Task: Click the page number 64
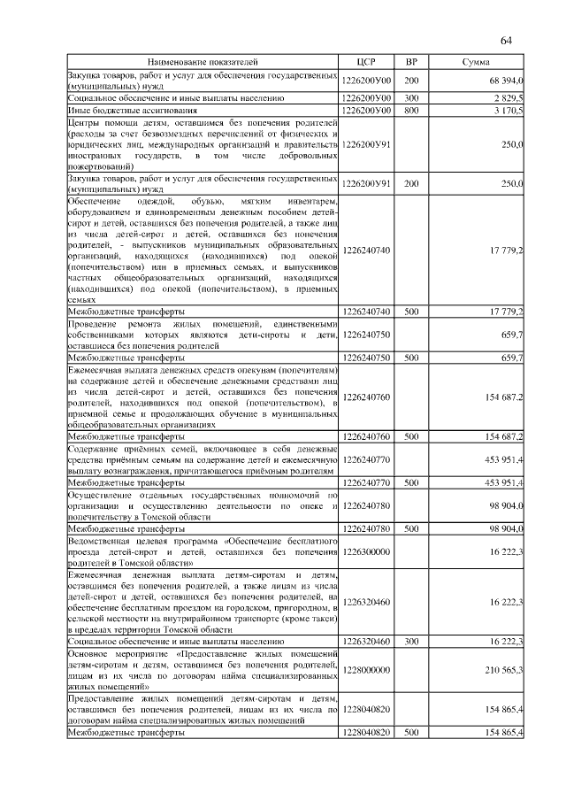point(507,41)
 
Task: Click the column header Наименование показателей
point(203,63)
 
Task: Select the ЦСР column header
point(366,63)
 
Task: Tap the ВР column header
point(411,63)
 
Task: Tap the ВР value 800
point(411,111)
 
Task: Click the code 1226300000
point(366,551)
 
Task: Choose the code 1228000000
point(366,670)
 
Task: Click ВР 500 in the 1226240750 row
point(411,358)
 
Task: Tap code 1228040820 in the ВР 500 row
point(366,734)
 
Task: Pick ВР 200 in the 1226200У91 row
point(411,184)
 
